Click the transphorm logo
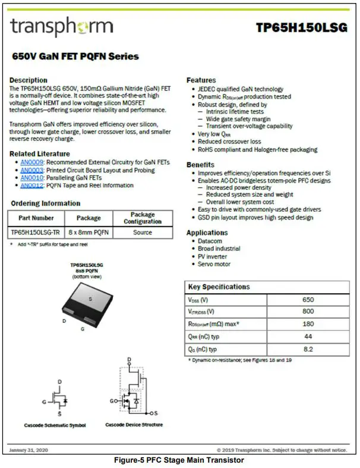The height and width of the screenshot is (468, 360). coord(61,27)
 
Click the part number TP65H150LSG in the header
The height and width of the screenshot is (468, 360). coord(302,28)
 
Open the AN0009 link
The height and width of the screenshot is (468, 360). coord(31,162)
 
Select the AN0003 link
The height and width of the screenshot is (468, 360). coord(31,170)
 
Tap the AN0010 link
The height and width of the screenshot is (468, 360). coord(31,178)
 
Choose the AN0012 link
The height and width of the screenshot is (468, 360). coord(31,186)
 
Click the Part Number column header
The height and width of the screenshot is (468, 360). coord(36,218)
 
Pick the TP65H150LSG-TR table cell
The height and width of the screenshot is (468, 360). coord(36,233)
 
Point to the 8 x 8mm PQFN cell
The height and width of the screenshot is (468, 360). coord(89,233)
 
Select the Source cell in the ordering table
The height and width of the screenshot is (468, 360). coord(143,233)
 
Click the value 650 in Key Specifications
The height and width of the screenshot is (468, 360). coord(308,300)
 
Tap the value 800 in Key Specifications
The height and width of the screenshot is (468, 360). coord(308,312)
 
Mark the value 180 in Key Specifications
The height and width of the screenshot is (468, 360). coord(308,324)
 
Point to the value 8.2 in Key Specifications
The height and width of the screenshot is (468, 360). coord(308,349)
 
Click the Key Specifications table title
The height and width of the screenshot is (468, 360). coord(219,287)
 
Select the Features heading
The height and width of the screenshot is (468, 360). coord(201,80)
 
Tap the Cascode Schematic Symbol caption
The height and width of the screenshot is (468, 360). coord(55,425)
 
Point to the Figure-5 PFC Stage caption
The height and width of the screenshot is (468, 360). coord(179,460)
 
